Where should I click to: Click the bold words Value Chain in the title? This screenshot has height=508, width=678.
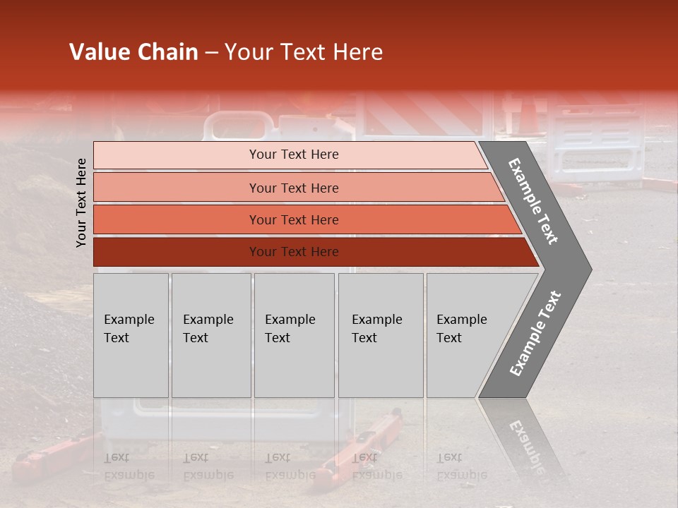point(133,52)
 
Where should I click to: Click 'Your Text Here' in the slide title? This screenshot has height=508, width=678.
point(304,52)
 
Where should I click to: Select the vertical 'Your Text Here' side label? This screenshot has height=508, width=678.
point(81,202)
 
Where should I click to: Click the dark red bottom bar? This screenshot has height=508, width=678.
point(177,252)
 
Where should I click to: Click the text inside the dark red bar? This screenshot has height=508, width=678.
point(294,252)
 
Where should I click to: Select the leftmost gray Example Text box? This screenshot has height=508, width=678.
point(131,335)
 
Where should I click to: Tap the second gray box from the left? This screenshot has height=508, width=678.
point(210,335)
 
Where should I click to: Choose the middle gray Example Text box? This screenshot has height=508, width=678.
point(294,335)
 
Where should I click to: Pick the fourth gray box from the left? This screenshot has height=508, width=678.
point(381,335)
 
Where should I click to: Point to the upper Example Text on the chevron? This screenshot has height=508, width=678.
point(533,201)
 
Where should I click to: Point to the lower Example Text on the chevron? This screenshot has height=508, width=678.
point(535,333)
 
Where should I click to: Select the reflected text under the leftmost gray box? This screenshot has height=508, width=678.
point(129,466)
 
